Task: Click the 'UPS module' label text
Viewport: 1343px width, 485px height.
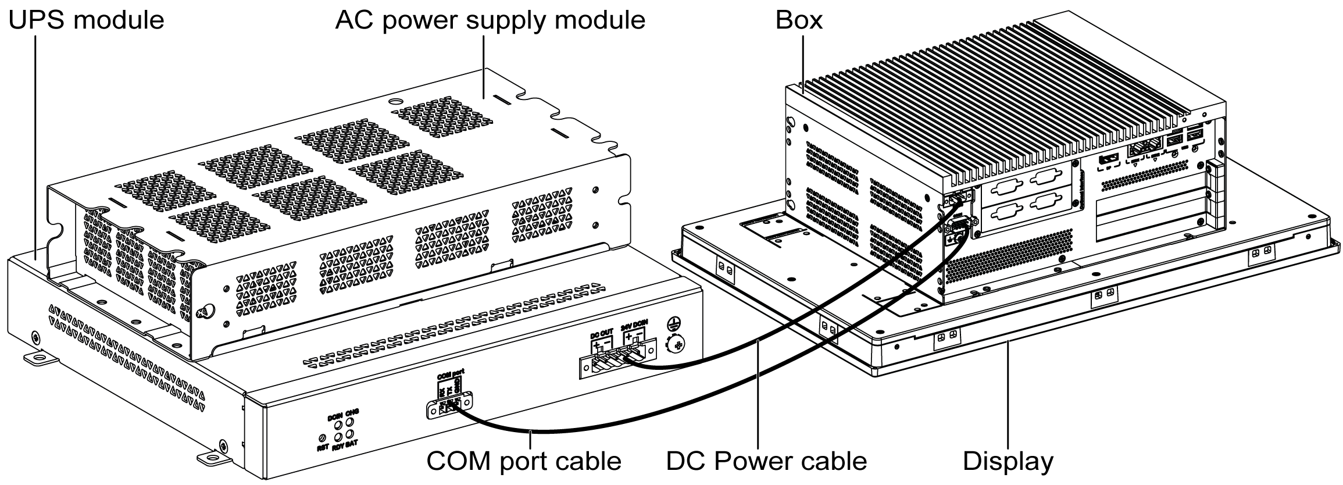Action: pos(86,20)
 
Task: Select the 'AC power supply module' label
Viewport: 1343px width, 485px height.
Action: pos(490,20)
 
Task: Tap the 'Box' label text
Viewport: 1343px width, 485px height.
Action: pos(799,20)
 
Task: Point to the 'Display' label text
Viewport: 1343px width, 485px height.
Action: pos(1008,461)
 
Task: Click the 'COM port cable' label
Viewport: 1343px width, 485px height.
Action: pos(523,461)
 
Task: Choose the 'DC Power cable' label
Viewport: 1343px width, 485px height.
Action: pos(766,461)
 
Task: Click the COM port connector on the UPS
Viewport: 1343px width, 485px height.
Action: pos(450,406)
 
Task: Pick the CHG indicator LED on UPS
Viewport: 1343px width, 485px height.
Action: pos(350,422)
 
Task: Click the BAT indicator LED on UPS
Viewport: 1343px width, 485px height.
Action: pos(350,434)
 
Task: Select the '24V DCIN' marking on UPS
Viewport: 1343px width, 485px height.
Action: pos(634,325)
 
